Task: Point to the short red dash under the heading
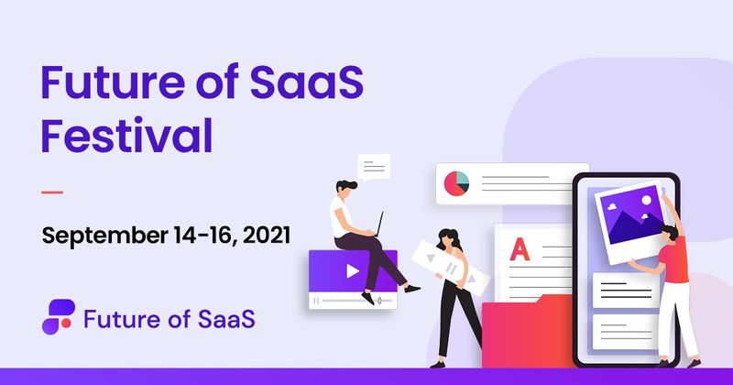tap(52, 192)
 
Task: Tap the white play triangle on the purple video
tap(352, 270)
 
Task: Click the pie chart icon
tap(455, 181)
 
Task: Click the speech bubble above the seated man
tap(374, 168)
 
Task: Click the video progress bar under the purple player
tap(353, 300)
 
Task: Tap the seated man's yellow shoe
tap(413, 287)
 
